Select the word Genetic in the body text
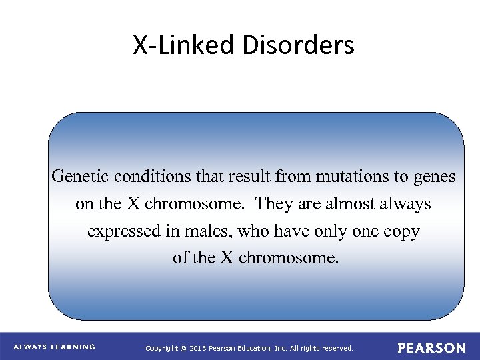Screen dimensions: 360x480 (80, 177)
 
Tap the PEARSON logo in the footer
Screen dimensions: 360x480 (432, 348)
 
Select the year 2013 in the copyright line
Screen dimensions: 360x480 (199, 348)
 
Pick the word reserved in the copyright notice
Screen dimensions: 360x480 (337, 348)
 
